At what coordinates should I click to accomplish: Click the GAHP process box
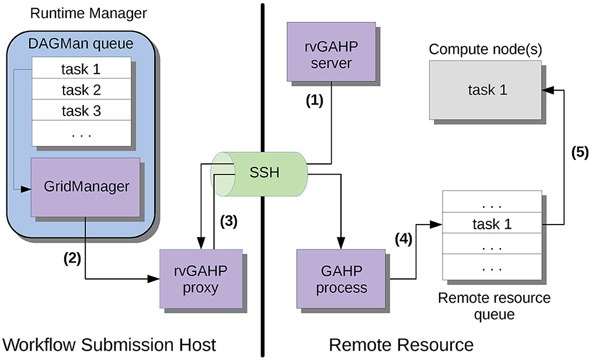tap(340, 278)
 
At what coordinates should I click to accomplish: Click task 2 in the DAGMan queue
tap(81, 90)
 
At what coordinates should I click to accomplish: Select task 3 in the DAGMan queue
tap(81, 110)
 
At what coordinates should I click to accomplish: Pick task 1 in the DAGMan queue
tap(81, 69)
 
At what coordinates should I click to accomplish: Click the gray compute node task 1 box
tap(487, 89)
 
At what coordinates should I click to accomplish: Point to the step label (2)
tap(72, 258)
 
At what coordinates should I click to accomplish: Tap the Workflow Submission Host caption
tap(109, 344)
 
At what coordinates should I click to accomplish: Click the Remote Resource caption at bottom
tap(401, 344)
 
